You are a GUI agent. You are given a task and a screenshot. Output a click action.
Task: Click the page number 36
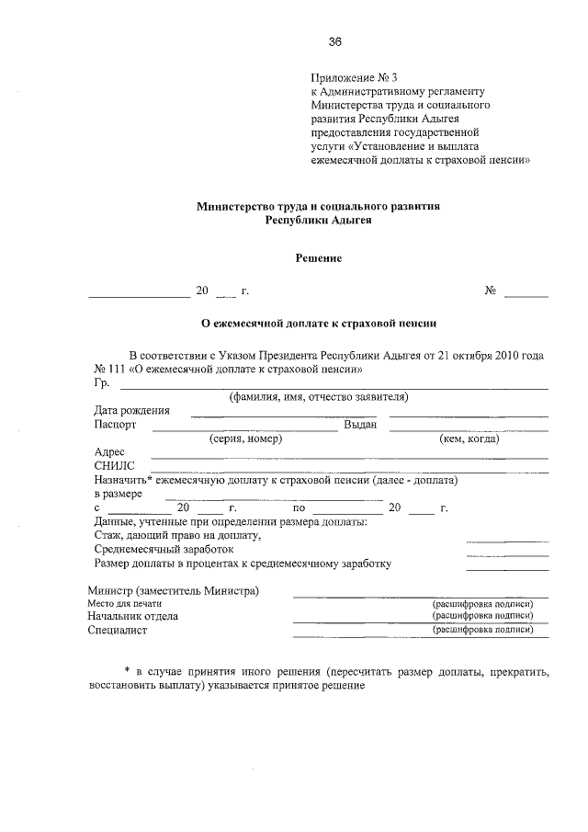tap(334, 41)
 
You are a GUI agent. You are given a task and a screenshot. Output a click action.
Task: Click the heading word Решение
tap(318, 258)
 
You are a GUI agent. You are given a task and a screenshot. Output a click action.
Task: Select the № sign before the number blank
tap(491, 291)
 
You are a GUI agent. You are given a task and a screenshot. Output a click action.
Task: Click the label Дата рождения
tap(131, 411)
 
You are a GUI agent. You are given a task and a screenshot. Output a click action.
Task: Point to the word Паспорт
tap(115, 425)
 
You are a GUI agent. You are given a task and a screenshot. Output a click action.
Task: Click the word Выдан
tap(360, 425)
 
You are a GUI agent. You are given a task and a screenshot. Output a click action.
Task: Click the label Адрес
tap(110, 452)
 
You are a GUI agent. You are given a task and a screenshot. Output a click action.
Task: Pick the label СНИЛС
tap(115, 466)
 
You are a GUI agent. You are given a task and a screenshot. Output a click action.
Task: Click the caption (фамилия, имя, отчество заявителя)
tap(319, 397)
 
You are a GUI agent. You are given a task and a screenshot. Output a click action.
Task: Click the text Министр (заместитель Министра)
tap(174, 589)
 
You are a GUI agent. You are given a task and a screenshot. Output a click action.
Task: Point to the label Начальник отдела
tap(133, 616)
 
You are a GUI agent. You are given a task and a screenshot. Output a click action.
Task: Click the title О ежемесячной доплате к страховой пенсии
tap(318, 324)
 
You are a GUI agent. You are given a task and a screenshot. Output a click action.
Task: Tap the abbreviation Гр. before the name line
tap(101, 383)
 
